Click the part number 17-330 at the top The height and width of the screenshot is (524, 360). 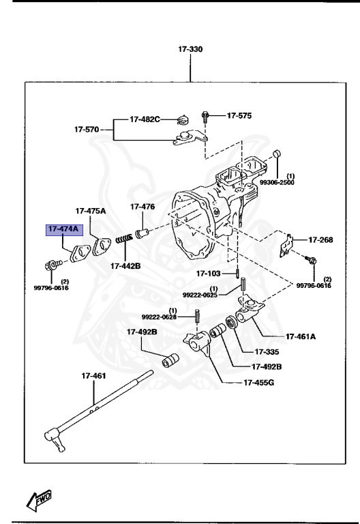(x=190, y=50)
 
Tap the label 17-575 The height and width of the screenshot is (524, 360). (x=239, y=116)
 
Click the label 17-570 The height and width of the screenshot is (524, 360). (x=87, y=128)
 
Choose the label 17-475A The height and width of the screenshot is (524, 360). (x=91, y=211)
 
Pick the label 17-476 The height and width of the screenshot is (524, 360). (x=142, y=207)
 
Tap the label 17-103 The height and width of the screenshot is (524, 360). (x=209, y=274)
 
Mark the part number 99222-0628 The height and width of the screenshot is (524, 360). (x=159, y=317)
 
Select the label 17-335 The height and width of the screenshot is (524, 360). (x=267, y=352)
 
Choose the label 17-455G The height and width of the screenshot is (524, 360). (x=258, y=382)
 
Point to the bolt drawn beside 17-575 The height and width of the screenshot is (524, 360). (x=205, y=117)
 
